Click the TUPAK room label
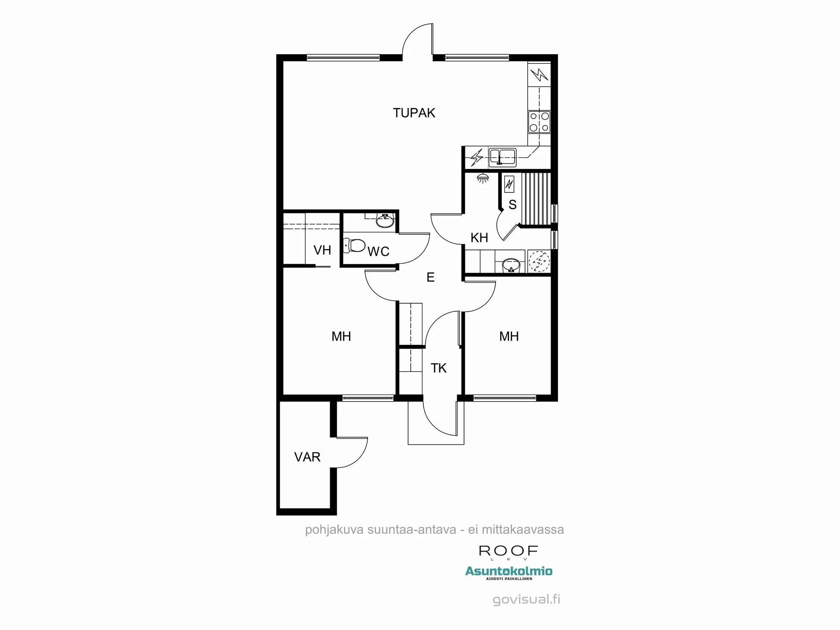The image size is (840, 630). pos(414,113)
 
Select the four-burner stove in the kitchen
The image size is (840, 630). pos(539,122)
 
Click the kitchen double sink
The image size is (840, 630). pos(502,157)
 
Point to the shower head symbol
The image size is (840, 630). pos(483,178)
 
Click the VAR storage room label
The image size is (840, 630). pos(307,457)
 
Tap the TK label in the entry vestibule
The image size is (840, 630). pos(438,368)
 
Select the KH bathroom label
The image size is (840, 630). pos(479,238)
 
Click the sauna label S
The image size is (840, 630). pos(512,205)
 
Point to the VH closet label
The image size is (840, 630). pos(322,250)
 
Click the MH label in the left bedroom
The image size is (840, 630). pos(341,336)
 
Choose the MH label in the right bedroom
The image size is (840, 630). pos(509,336)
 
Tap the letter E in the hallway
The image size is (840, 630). pos(430,277)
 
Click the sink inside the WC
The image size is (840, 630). pos(385,220)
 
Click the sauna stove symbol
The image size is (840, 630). pos(509,184)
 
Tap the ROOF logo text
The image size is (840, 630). pos(508,551)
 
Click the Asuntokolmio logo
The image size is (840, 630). pos(509,571)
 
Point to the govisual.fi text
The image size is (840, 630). pos(526,599)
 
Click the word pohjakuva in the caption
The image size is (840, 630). pos(334,530)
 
